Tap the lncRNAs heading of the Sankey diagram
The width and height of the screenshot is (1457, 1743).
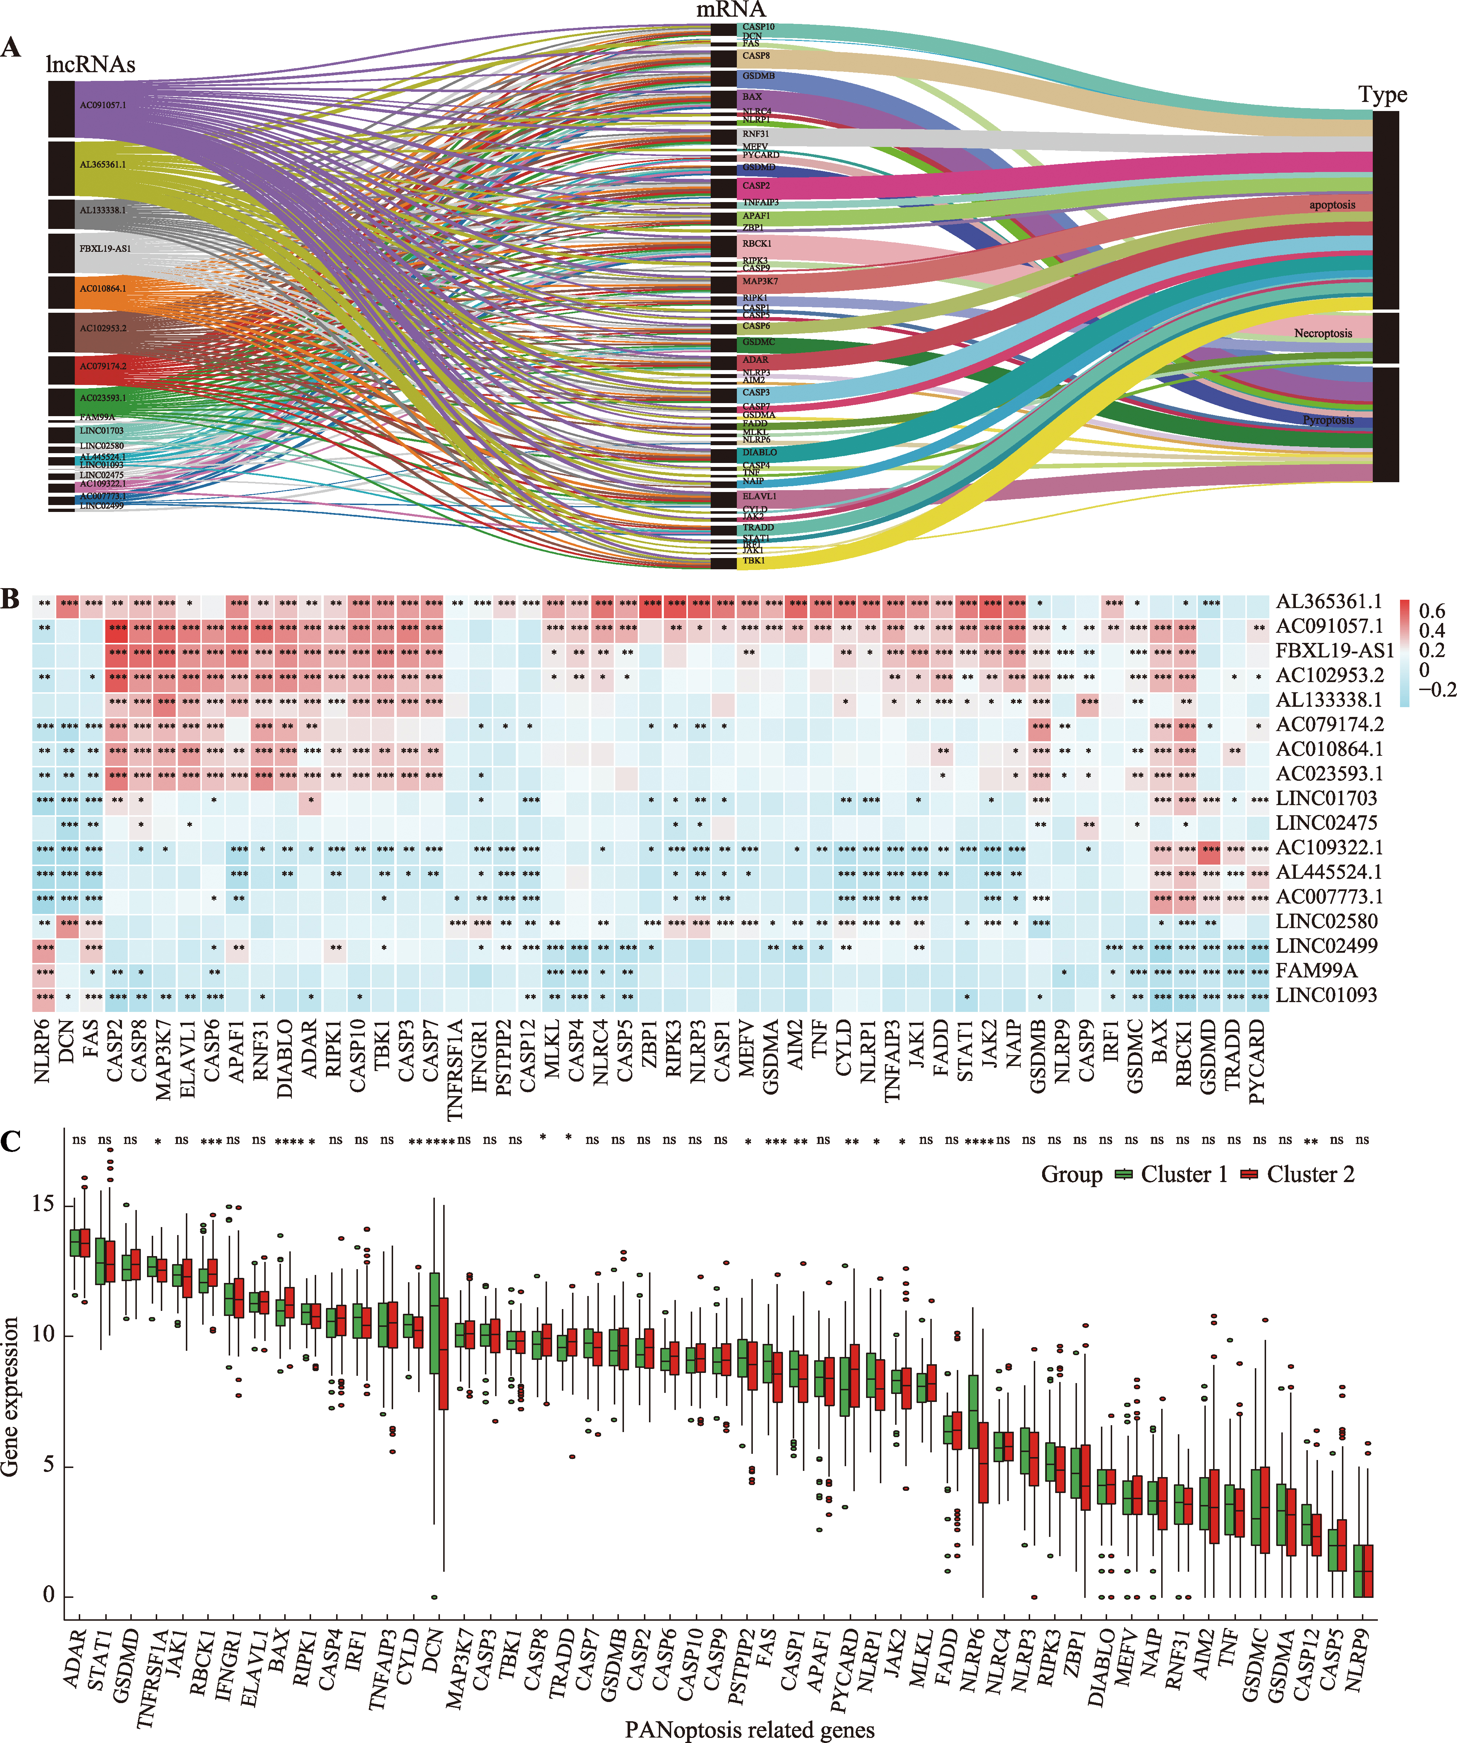click(x=90, y=65)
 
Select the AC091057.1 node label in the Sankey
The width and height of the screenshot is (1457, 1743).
click(x=103, y=106)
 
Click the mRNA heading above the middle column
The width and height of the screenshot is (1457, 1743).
click(x=731, y=10)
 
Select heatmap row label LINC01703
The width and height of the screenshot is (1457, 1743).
click(x=1326, y=799)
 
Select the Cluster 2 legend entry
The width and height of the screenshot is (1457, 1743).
click(x=1310, y=1174)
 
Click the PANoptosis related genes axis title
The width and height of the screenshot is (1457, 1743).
click(x=750, y=1730)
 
